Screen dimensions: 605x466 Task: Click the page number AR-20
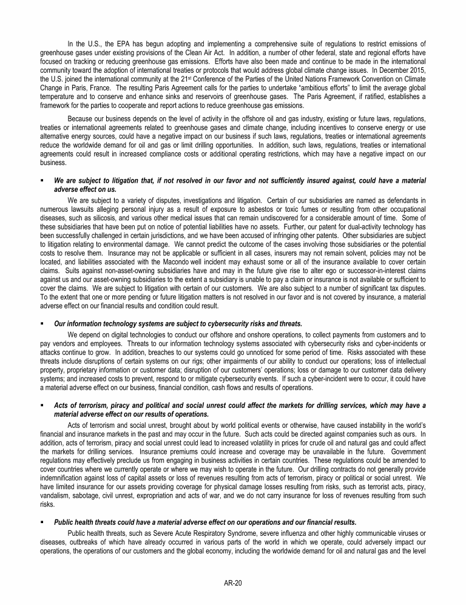click(233, 583)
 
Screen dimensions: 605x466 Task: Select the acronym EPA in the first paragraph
click(118, 44)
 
